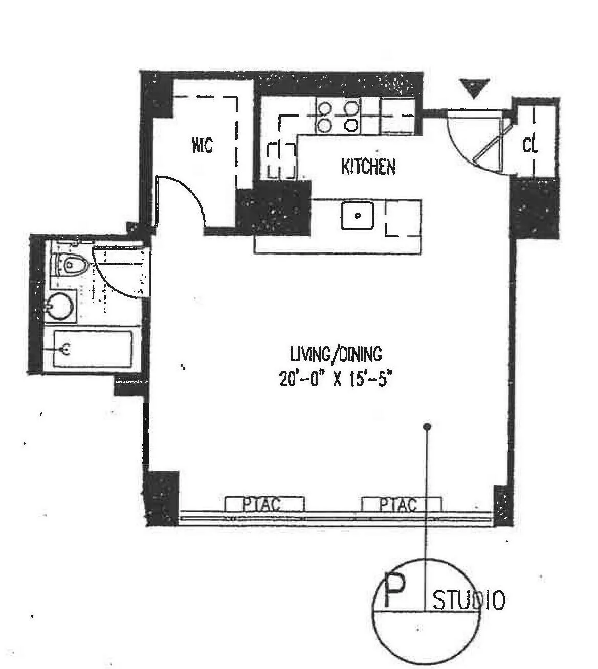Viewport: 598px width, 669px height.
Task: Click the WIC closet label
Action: [x=202, y=146]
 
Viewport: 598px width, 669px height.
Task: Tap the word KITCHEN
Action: [x=368, y=167]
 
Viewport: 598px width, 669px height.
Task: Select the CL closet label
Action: [x=530, y=146]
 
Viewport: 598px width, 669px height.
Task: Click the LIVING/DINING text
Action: [x=336, y=354]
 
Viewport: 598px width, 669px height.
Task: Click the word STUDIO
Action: [x=469, y=600]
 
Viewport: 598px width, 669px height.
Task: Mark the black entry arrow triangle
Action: [x=474, y=87]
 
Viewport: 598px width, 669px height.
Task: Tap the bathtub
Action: [x=92, y=349]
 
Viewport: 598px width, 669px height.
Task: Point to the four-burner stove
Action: [x=338, y=116]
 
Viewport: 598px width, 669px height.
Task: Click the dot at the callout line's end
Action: [x=428, y=427]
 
